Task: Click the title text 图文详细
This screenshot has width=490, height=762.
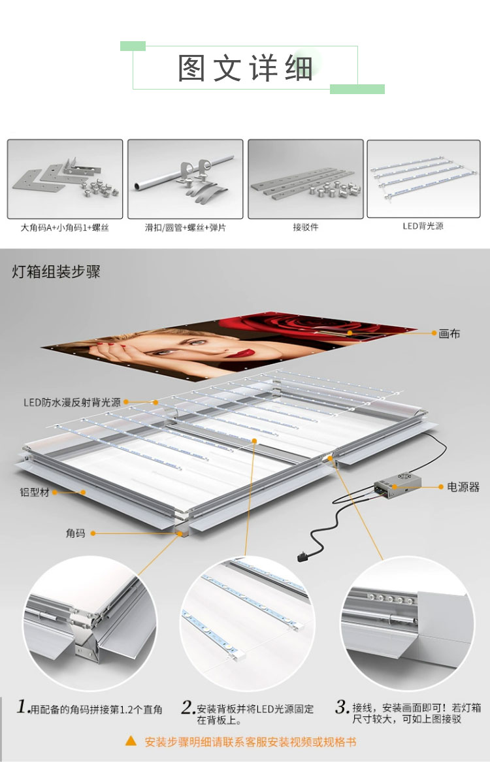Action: click(x=246, y=68)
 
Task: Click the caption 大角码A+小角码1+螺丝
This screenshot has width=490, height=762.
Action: click(x=65, y=228)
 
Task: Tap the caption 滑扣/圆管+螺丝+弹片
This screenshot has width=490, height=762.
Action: click(x=186, y=228)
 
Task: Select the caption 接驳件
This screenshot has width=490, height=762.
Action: click(x=305, y=228)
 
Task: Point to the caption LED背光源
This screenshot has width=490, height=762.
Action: click(x=423, y=226)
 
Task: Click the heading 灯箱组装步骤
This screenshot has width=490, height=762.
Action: click(x=56, y=272)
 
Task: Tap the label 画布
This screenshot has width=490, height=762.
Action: click(x=449, y=333)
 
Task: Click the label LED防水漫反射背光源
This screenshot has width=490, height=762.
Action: click(x=72, y=403)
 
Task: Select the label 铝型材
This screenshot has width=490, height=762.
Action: click(x=35, y=492)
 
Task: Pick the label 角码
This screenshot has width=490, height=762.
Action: click(x=75, y=533)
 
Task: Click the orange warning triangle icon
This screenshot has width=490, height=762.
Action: click(x=131, y=741)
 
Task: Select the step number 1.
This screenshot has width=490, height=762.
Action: click(x=23, y=706)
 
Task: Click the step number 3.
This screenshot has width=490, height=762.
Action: click(x=342, y=706)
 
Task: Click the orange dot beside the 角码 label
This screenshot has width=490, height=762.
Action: click(x=93, y=533)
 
